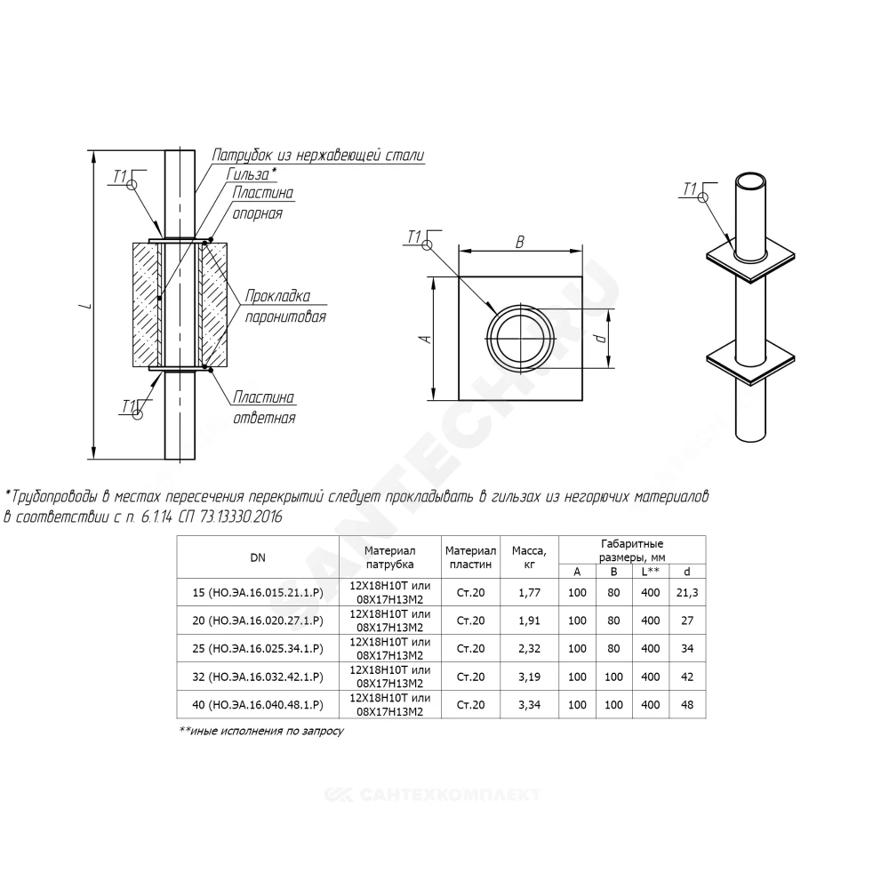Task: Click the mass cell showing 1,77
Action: coord(529,592)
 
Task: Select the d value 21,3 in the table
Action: coord(687,592)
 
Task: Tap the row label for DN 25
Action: coord(258,649)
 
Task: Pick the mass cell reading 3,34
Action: coord(529,705)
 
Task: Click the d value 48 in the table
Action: coord(687,705)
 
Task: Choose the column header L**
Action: coord(651,572)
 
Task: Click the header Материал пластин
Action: coord(470,557)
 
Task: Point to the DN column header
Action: coord(258,557)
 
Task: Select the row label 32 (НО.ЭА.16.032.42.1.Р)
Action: coord(258,677)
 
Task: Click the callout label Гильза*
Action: coord(252,173)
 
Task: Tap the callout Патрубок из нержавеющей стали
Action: coord(318,155)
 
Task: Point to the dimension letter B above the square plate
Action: coord(519,242)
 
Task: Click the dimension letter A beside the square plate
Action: coord(427,339)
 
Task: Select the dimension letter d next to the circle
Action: coord(602,339)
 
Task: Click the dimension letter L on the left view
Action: coord(86,306)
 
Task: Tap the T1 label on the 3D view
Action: coord(690,188)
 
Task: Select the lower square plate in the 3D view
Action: coord(750,361)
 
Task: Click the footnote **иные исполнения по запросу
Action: coord(261,732)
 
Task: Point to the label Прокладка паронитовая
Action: coord(285,306)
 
